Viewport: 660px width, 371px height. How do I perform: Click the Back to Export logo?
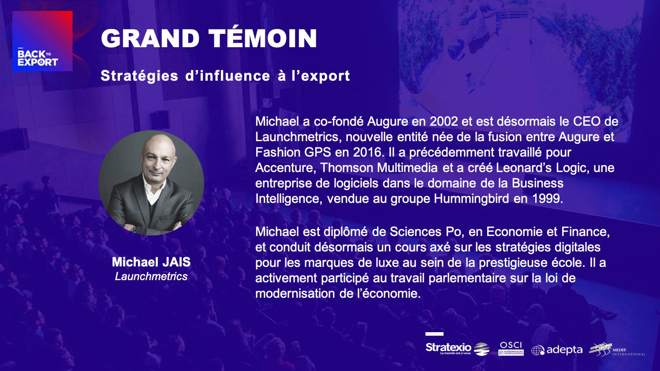coord(42,41)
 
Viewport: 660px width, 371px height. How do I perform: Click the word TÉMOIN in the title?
coord(263,38)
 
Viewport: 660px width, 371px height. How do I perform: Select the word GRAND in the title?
coord(150,39)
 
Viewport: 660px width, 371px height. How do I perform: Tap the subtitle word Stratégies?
coord(139,76)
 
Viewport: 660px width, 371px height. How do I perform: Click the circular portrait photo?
coord(151,183)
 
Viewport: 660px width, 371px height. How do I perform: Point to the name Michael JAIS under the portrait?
coord(151,262)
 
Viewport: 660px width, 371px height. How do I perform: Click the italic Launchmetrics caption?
coord(151,276)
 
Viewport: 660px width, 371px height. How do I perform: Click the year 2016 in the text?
coord(367,152)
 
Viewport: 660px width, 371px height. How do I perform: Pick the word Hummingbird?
coord(471,199)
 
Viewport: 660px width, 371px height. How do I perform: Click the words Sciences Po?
coord(425,232)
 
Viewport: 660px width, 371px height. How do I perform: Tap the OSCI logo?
coord(511,349)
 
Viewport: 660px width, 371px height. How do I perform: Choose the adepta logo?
coord(557,350)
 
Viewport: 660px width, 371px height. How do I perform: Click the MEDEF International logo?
coord(617,349)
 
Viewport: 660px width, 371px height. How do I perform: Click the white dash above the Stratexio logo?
coord(434,334)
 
